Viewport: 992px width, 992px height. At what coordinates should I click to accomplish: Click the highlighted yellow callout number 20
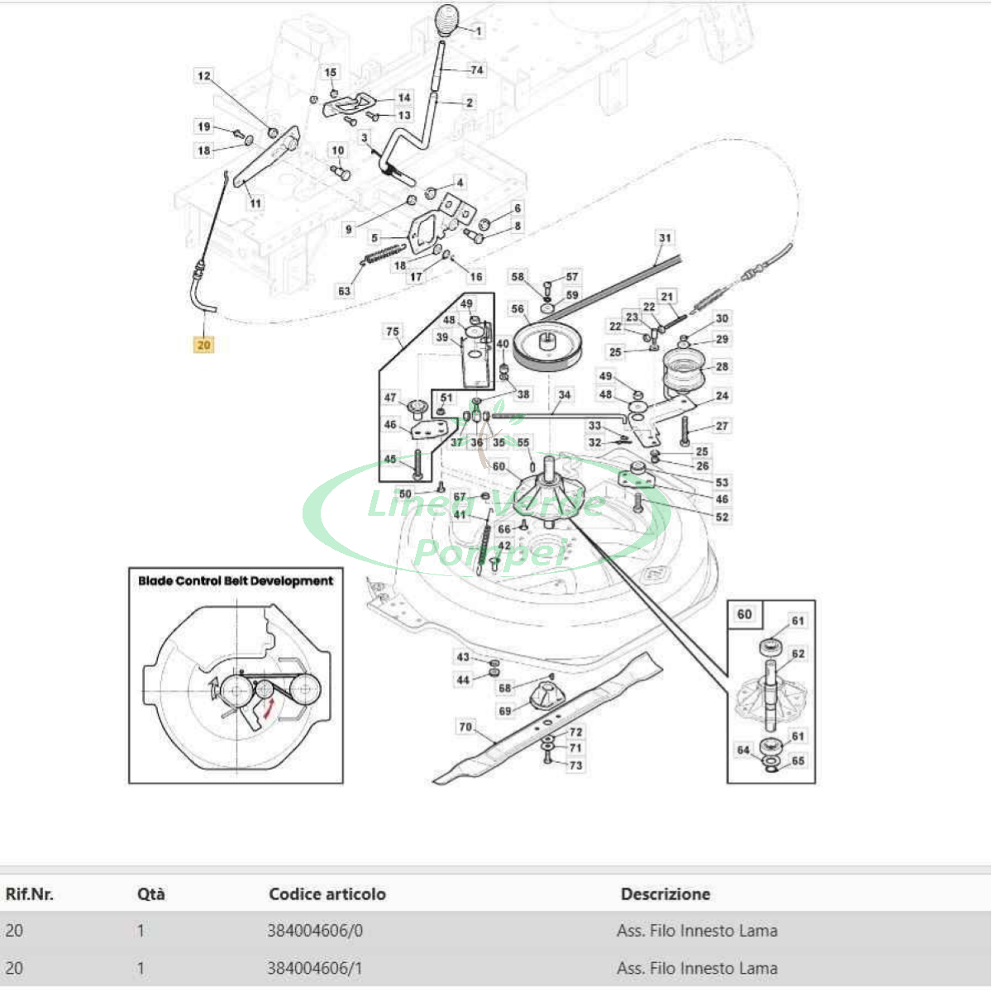(x=203, y=345)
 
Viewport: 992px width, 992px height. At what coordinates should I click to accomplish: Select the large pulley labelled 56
(x=546, y=346)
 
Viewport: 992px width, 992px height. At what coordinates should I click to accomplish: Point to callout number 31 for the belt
(x=665, y=238)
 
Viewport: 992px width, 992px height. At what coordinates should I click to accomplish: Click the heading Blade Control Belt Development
(x=236, y=581)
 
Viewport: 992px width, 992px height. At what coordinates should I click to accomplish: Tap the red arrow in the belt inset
(x=268, y=708)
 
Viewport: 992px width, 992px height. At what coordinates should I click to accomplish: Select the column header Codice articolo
(x=327, y=894)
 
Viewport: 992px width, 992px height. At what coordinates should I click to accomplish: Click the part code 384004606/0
(x=315, y=931)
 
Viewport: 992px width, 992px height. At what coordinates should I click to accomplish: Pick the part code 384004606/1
(x=315, y=968)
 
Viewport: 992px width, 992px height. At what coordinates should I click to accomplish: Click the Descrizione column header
(x=665, y=894)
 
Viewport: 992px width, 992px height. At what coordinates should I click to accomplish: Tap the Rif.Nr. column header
(x=30, y=894)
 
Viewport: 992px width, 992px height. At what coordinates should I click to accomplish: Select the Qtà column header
(x=151, y=894)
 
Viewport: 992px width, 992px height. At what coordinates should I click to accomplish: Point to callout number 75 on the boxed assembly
(x=393, y=331)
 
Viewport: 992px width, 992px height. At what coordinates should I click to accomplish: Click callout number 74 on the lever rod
(x=477, y=70)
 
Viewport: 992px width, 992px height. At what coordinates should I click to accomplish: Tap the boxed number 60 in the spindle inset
(x=744, y=614)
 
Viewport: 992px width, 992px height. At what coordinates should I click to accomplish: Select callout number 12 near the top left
(x=203, y=76)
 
